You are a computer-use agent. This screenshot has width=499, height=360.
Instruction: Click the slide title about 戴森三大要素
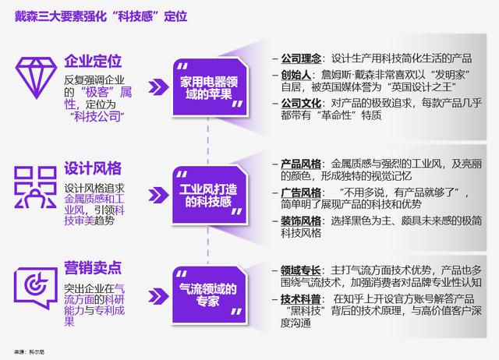pos(101,16)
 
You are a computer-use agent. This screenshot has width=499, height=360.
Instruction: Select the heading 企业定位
pos(93,61)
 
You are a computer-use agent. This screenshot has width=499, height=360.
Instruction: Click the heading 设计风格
pos(93,168)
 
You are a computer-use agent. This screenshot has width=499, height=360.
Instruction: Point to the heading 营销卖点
pos(93,268)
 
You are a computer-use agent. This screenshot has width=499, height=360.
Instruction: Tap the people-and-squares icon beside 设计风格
pos(36,187)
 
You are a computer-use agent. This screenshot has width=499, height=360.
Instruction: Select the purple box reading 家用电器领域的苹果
pos(210,88)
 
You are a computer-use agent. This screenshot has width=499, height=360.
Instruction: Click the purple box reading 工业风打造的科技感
pos(210,195)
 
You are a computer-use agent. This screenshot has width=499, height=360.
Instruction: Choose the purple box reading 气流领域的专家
pos(210,295)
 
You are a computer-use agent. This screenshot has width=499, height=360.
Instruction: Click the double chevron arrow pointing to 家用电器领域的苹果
pos(158,86)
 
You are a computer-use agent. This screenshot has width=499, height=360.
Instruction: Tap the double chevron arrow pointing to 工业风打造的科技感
pos(158,195)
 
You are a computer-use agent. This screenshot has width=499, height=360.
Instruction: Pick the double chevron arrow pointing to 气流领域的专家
pos(158,296)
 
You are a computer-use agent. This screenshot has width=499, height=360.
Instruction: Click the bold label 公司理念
pos(301,58)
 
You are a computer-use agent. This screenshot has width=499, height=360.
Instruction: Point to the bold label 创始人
pos(296,75)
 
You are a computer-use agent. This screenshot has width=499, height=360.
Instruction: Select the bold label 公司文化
pos(301,104)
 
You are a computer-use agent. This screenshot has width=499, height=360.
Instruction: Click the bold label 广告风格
pos(301,192)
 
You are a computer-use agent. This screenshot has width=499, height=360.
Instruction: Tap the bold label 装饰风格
pos(301,221)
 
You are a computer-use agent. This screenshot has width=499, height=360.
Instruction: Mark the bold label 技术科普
pos(301,299)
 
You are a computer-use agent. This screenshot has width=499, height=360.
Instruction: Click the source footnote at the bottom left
pos(30,352)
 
